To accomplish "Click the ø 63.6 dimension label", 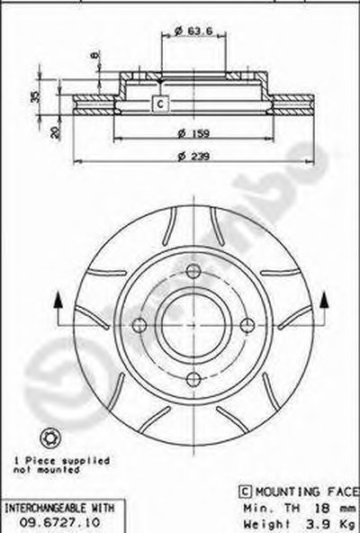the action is click(193, 31).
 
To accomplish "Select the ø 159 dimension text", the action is click(193, 133).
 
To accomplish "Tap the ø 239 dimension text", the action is click(193, 157).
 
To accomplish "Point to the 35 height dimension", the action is click(35, 96).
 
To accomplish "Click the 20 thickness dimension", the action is click(54, 131).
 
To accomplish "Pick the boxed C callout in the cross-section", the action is click(160, 104).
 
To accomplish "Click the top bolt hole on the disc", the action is click(193, 271).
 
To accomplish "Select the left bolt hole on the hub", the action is click(139, 325).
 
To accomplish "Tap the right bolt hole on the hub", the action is click(247, 325).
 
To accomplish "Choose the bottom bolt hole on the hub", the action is click(193, 379).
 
